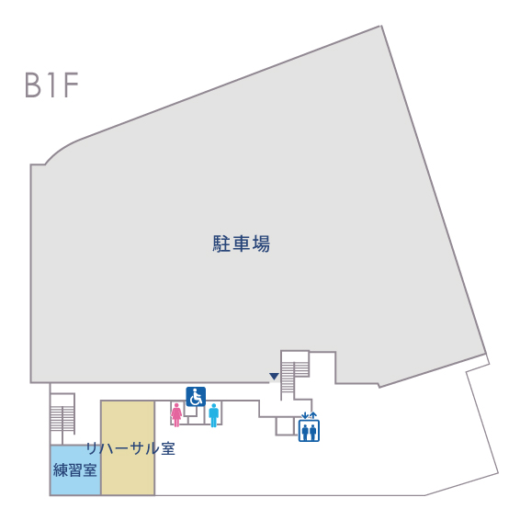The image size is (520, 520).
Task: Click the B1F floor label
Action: coord(51,85)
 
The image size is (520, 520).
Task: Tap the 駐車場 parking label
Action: coord(241,243)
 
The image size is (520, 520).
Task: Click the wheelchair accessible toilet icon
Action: coord(196,396)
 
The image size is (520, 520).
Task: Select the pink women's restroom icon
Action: coord(176,414)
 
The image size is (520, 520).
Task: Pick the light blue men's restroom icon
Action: coord(214,415)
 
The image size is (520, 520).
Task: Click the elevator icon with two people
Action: coord(309,431)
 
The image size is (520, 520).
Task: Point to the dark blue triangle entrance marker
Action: coord(274,377)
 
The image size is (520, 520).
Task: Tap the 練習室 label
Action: coord(75,469)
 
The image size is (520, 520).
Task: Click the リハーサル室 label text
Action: coord(130,448)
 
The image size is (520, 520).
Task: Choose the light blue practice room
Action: coord(75,470)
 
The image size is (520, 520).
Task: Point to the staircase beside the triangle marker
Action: coord(295,375)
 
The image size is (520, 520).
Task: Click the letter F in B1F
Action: coord(71,85)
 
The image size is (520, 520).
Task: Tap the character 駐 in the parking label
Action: coord(221,243)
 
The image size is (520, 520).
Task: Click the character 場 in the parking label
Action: coord(261,243)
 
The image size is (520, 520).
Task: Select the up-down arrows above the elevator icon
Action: coord(309,415)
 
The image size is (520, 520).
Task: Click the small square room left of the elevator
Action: coord(285,426)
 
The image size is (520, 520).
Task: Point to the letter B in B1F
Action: coord(33,85)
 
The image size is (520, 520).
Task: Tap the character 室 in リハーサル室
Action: coord(168,448)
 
